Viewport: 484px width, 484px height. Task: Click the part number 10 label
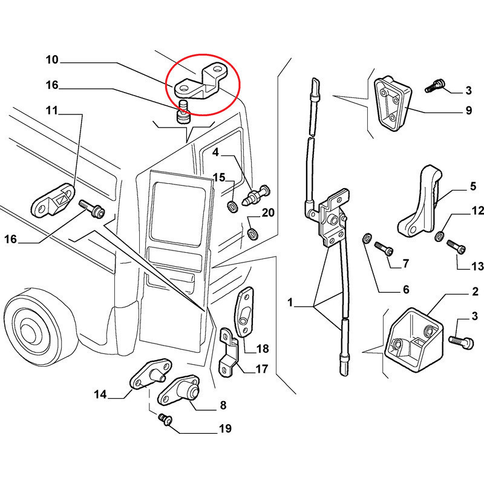(51, 60)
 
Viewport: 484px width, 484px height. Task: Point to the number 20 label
(268, 212)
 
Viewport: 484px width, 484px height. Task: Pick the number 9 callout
(468, 111)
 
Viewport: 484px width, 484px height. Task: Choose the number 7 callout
(405, 263)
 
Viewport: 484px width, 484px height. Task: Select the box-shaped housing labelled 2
(414, 339)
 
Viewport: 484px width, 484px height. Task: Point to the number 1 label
(290, 301)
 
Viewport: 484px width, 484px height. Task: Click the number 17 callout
(261, 368)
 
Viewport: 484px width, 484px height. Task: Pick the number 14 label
(100, 395)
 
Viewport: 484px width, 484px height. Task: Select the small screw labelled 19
(163, 419)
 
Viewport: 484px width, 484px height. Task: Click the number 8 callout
(223, 405)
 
